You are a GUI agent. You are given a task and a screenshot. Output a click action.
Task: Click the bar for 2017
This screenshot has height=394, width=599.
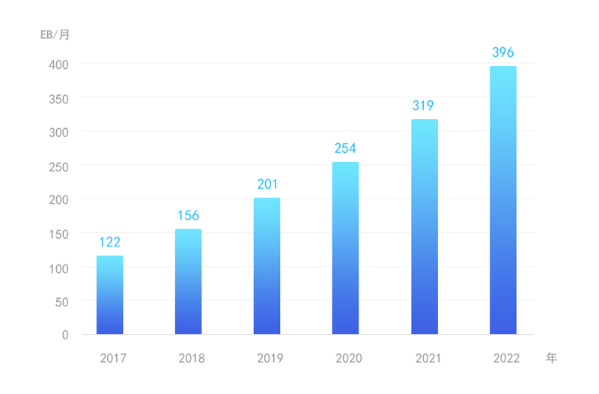pyautogui.click(x=109, y=295)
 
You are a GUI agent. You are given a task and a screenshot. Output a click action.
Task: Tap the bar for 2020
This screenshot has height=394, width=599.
pyautogui.click(x=345, y=248)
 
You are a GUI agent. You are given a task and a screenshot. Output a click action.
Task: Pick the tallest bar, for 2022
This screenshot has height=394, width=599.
pyautogui.click(x=502, y=200)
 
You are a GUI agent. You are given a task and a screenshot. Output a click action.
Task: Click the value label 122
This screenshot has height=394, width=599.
pyautogui.click(x=109, y=242)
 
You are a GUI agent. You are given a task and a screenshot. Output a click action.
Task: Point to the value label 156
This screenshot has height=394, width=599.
pyautogui.click(x=188, y=216)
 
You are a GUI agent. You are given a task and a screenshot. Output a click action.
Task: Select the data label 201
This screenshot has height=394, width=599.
pyautogui.click(x=267, y=184)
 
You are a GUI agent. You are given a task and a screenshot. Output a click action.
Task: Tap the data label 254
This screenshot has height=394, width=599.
pyautogui.click(x=345, y=148)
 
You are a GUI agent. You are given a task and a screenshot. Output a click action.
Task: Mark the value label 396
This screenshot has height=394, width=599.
pyautogui.click(x=502, y=52)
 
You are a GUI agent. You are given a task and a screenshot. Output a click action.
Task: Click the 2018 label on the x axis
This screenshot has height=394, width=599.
pyautogui.click(x=191, y=358)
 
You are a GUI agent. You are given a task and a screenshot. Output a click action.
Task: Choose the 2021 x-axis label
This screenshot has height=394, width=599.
pyautogui.click(x=428, y=358)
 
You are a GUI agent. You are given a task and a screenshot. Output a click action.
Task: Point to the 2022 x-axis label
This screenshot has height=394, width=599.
pyautogui.click(x=506, y=358)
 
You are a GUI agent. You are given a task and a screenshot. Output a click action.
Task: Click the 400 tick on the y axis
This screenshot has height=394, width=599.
pyautogui.click(x=59, y=64)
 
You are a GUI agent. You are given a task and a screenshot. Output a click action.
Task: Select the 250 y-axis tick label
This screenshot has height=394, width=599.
pyautogui.click(x=59, y=166)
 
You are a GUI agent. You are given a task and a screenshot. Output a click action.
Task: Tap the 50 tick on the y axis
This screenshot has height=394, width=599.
pyautogui.click(x=62, y=302)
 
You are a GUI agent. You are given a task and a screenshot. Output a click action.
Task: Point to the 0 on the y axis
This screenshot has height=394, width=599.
pyautogui.click(x=65, y=336)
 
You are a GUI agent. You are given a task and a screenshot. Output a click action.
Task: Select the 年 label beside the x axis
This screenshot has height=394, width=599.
pyautogui.click(x=551, y=357)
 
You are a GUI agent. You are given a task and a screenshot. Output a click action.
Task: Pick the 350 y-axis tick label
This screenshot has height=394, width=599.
pyautogui.click(x=59, y=99)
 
